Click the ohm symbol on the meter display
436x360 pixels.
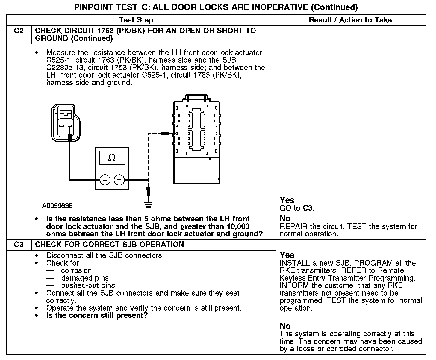tap(112, 158)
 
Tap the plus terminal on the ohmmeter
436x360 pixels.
tap(105, 180)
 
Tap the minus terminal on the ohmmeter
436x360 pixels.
tap(119, 180)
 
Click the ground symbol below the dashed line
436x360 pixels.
tap(148, 205)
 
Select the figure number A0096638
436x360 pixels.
tap(57, 206)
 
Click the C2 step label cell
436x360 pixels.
tap(19, 31)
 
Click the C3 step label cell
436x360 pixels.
tap(19, 245)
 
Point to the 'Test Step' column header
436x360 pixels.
tap(136, 20)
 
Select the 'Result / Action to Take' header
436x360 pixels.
tap(350, 20)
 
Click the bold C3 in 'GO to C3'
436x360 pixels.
tap(308, 208)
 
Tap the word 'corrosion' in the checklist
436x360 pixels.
tap(76, 270)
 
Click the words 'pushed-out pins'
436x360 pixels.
tap(88, 285)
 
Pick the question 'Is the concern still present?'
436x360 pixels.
tap(97, 315)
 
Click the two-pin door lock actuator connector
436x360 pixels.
tap(66, 122)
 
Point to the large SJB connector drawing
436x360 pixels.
tap(196, 141)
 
